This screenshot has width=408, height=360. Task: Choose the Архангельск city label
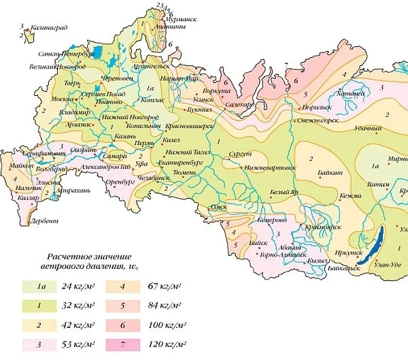153,66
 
